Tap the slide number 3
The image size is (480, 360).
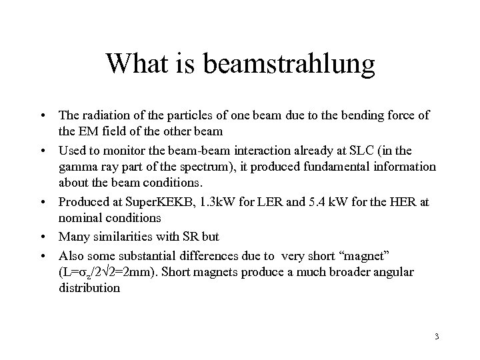point(436,336)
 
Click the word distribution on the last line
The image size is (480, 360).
point(89,289)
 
